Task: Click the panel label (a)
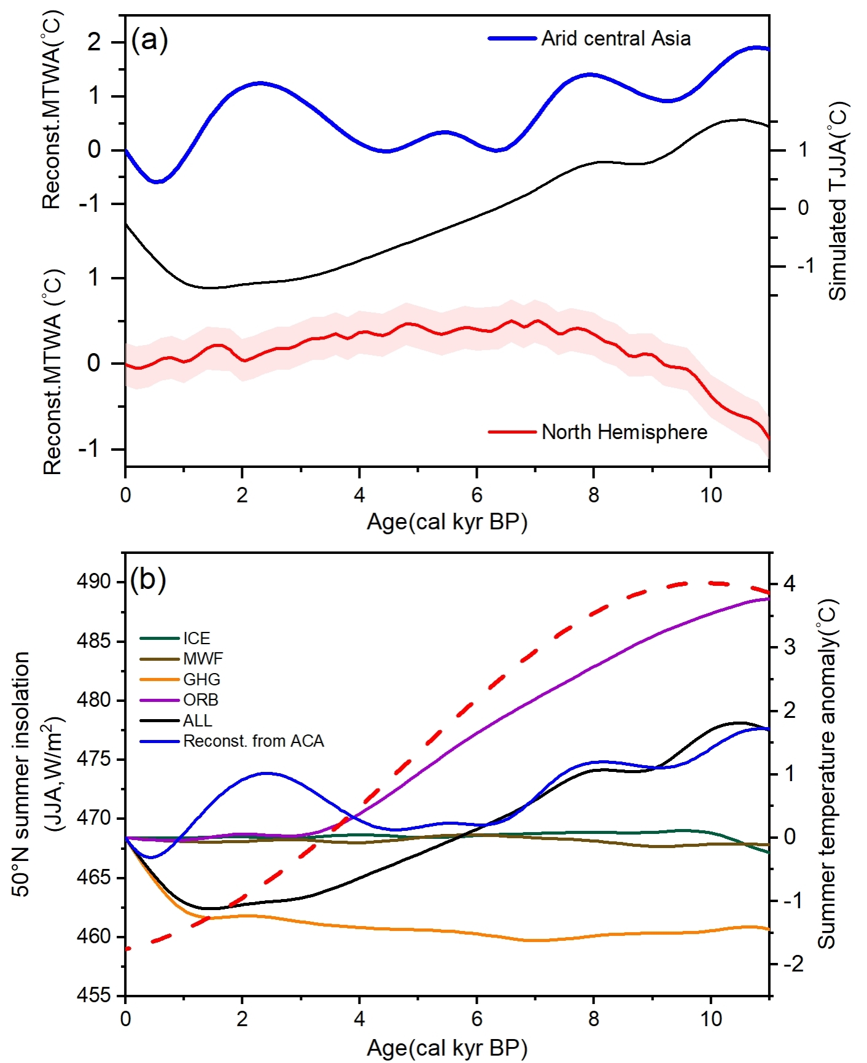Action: point(149,41)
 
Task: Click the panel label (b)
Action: point(148,578)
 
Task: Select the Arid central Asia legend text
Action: point(615,39)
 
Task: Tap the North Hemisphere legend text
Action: point(624,432)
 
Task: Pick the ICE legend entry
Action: point(196,639)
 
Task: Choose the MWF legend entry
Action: point(203,659)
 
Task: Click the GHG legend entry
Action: point(201,680)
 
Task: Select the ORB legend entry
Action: point(200,700)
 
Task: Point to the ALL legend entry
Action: point(198,720)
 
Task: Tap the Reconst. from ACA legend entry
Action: point(253,741)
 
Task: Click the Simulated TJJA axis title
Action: point(838,201)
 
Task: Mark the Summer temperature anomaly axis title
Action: point(827,774)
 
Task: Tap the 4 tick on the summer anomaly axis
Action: point(789,583)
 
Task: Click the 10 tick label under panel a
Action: point(711,495)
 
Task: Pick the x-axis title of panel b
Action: point(446,1048)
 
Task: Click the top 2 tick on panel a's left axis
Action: point(94,42)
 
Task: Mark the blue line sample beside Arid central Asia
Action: point(512,39)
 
